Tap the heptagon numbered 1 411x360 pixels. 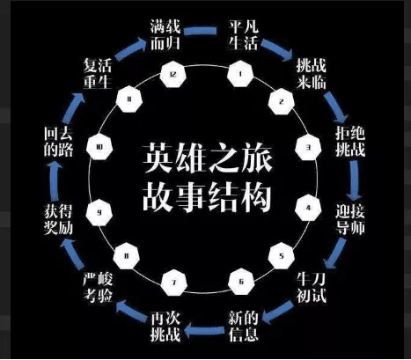click(238, 76)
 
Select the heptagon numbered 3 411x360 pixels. click(308, 147)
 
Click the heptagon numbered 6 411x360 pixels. click(238, 282)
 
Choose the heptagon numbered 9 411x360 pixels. click(104, 211)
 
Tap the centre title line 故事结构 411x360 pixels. click(205, 196)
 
